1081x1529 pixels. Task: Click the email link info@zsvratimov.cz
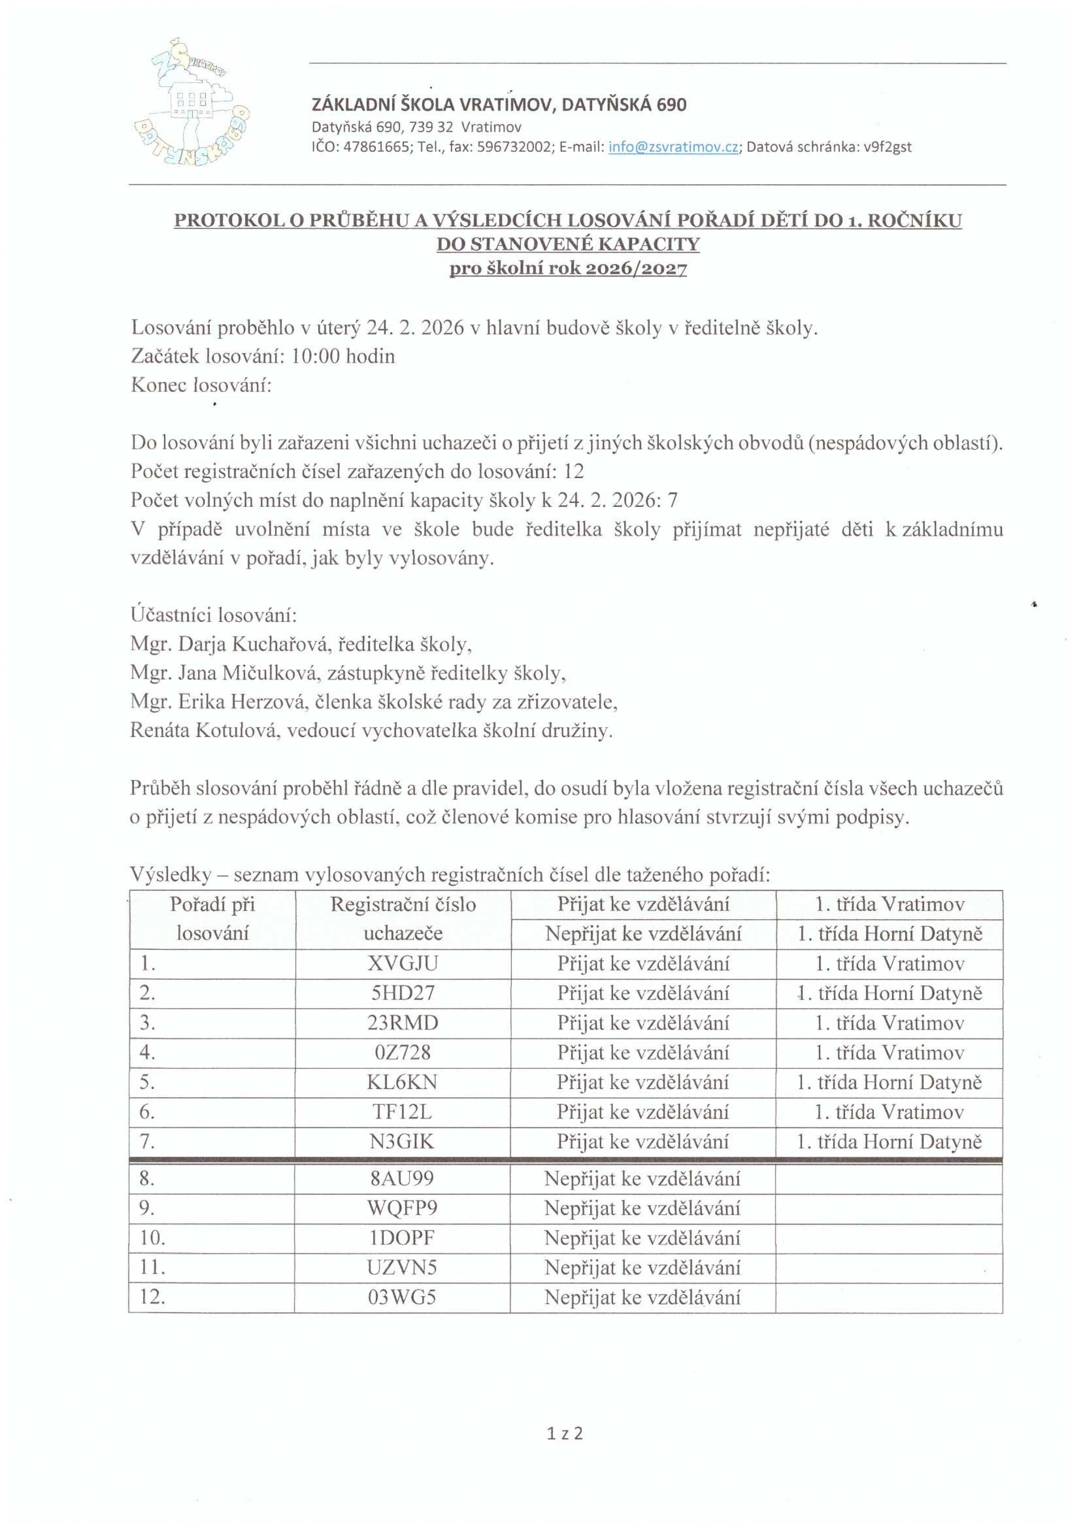[x=673, y=147]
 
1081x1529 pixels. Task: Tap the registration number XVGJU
[x=402, y=964]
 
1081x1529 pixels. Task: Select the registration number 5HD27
[x=402, y=993]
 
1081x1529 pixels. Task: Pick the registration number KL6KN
[x=402, y=1082]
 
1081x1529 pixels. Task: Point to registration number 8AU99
[x=402, y=1179]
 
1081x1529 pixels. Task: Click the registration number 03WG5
[x=402, y=1297]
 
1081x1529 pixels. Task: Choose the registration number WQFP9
[x=402, y=1208]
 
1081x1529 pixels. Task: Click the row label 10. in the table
[x=153, y=1238]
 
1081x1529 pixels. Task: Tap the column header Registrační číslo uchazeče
[x=402, y=919]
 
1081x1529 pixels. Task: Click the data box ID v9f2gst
[x=887, y=147]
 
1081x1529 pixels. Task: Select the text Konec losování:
[x=201, y=385]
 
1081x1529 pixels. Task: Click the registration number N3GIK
[x=402, y=1142]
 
